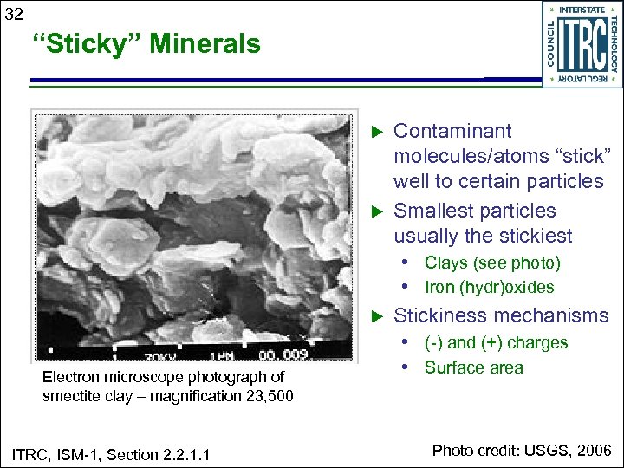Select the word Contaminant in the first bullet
452,131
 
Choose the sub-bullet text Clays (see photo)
492,263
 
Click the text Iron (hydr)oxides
489,287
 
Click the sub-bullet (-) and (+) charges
496,342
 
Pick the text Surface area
473,367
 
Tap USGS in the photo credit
544,450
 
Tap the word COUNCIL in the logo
552,45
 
